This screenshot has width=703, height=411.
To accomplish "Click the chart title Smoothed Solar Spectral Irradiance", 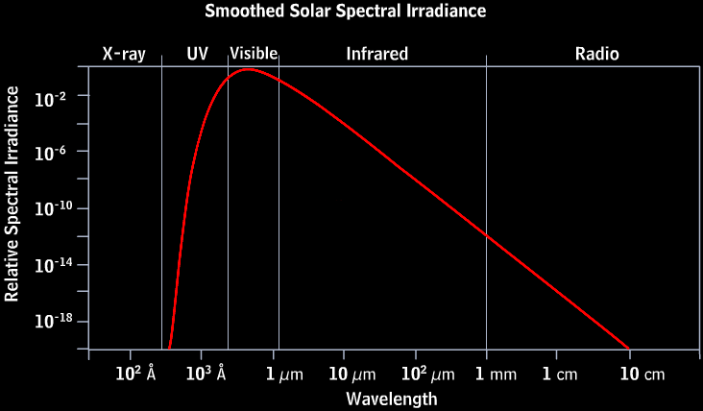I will [346, 12].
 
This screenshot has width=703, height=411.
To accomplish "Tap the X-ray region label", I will [124, 54].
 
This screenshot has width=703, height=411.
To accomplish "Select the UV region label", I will [197, 54].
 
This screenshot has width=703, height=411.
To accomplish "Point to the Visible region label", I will [254, 54].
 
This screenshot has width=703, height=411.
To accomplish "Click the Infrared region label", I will [377, 54].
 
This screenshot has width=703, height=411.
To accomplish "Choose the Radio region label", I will [597, 54].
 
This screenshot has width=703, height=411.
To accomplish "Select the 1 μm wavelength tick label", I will [283, 375].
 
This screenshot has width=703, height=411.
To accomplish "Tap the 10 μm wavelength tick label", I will [351, 375].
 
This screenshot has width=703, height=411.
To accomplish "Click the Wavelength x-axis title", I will [392, 398].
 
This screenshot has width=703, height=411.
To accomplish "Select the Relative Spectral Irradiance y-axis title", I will [12, 193].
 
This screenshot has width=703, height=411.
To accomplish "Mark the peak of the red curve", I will [248, 69].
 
